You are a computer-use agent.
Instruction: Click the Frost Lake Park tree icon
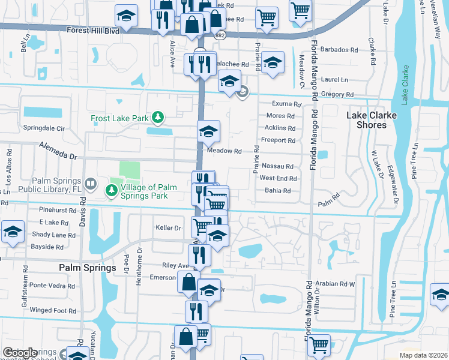[157, 118]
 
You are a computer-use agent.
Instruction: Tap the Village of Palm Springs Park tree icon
[111, 191]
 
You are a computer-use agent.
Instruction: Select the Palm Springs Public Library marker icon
[90, 183]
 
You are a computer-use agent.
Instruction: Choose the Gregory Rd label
[336, 94]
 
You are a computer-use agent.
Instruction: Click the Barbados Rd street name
[343, 49]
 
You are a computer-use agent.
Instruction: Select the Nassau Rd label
[277, 166]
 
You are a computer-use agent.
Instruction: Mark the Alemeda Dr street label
[59, 151]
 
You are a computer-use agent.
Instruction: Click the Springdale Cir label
[43, 128]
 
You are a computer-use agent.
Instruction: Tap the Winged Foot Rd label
[53, 311]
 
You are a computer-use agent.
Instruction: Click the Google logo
[20, 352]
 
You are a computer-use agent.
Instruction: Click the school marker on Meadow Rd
[208, 131]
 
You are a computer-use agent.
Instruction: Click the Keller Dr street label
[168, 228]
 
